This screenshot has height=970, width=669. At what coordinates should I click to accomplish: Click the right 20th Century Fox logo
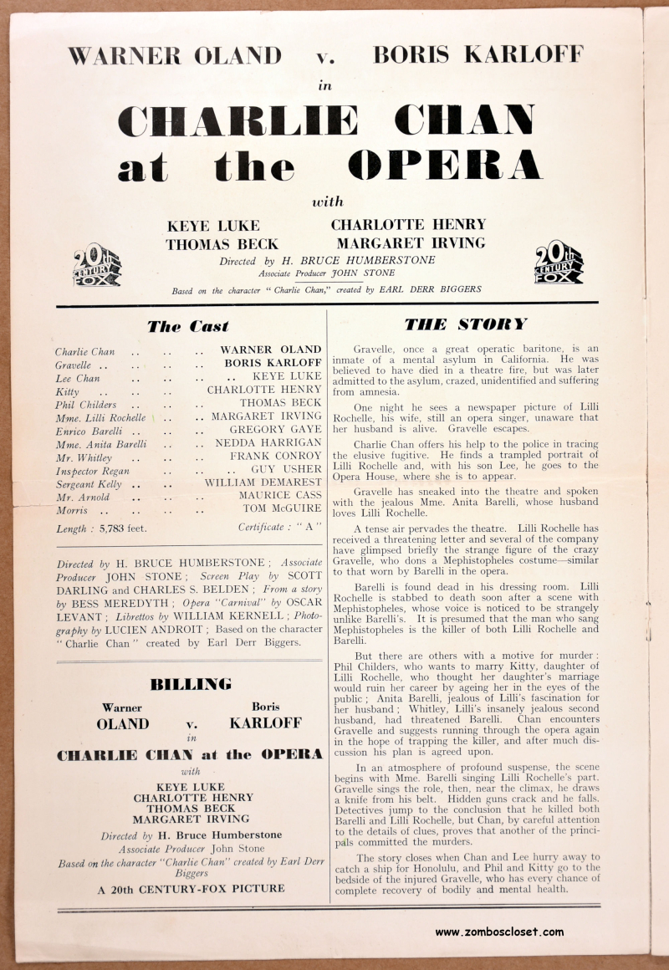pos(559,263)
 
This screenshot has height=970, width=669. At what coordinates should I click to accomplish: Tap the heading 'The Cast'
pos(187,327)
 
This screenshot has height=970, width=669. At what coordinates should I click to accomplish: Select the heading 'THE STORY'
pos(466,324)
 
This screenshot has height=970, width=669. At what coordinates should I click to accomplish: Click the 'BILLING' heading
pos(190,685)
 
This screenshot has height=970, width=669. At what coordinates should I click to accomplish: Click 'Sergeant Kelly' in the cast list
pos(88,484)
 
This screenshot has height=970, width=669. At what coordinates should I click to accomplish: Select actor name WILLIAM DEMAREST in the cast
pos(263,482)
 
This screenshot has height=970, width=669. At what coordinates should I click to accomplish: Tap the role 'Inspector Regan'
pos(92,471)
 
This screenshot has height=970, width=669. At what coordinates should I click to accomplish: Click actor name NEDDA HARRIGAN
pos(268,443)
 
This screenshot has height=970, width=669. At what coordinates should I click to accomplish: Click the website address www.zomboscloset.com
pos(499,932)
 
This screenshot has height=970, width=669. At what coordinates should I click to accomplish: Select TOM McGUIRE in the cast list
pos(282,508)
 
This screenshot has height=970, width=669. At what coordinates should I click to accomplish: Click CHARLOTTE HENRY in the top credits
pos(408,224)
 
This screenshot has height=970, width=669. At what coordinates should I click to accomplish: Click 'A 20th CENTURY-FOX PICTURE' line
pos(191,888)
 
